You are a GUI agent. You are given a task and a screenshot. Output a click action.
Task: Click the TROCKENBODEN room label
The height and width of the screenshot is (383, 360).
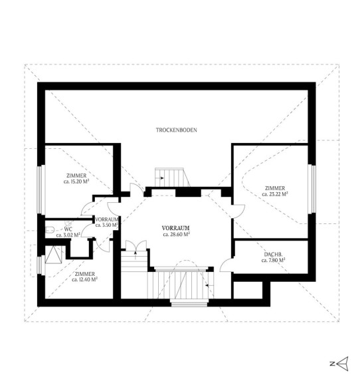click(177, 130)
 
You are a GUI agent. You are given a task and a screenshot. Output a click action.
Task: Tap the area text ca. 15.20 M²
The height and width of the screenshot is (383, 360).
click(76, 182)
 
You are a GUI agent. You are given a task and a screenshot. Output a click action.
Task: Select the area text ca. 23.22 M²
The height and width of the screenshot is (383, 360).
click(275, 194)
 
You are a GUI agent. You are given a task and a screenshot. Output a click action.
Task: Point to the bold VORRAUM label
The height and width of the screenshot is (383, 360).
click(176, 228)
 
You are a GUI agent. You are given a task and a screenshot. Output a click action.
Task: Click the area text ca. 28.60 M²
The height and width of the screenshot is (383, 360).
click(177, 235)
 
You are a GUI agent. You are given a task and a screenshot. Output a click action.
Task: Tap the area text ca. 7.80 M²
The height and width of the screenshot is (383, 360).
click(274, 261)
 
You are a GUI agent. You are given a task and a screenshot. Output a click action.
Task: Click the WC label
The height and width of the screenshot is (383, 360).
click(68, 229)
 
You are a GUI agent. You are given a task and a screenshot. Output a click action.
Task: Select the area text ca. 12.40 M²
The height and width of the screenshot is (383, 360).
click(85, 280)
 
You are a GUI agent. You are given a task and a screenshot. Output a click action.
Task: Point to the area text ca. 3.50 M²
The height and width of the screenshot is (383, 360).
click(107, 225)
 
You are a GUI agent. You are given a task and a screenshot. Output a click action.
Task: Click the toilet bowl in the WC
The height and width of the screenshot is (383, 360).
click(50, 230)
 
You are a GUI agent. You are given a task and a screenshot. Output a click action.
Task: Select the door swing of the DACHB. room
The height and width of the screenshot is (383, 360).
click(226, 265)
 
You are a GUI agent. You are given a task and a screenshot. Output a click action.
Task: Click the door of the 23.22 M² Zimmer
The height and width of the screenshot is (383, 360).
click(238, 211)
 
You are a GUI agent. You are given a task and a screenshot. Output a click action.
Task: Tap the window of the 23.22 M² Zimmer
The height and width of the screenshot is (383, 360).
click(312, 189)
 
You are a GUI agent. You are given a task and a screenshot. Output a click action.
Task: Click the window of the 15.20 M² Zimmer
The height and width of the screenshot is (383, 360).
click(41, 190)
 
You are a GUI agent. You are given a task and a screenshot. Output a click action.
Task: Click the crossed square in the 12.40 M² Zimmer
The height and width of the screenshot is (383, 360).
click(54, 255)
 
